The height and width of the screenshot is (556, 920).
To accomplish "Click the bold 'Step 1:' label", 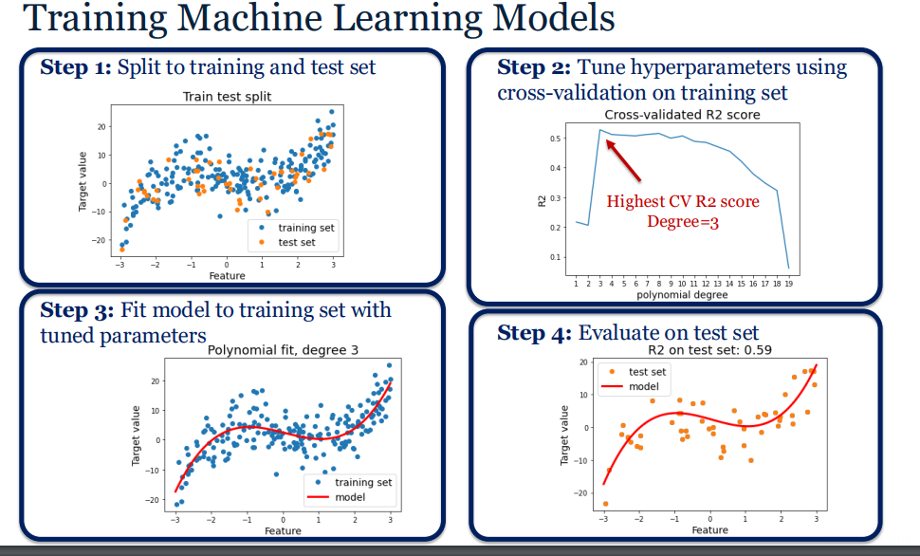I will [76, 67].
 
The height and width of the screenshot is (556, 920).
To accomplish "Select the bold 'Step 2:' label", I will [533, 67].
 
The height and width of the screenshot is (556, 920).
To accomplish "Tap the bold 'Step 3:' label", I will [76, 311].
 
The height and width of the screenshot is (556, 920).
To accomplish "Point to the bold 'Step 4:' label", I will [534, 332].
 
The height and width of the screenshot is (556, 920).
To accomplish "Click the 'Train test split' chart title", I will [227, 97].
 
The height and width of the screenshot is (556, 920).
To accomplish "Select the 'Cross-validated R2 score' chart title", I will [682, 115].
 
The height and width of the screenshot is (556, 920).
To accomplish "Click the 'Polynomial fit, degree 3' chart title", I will [283, 350].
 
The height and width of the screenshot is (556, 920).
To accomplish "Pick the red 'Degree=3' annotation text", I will [682, 221].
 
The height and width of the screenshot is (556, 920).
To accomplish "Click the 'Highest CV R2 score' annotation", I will [683, 202].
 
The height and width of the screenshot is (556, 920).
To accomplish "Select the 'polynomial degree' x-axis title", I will [683, 295].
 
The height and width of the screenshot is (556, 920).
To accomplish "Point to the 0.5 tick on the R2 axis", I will [554, 139].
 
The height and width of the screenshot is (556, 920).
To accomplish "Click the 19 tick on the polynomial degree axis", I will [789, 283].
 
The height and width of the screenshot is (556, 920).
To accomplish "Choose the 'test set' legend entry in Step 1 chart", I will [295, 243].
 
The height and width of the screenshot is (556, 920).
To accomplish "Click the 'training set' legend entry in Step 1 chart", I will [304, 228].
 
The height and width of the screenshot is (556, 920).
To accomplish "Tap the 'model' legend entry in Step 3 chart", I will [350, 497].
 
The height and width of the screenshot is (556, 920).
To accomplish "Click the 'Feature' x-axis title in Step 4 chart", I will [709, 529].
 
